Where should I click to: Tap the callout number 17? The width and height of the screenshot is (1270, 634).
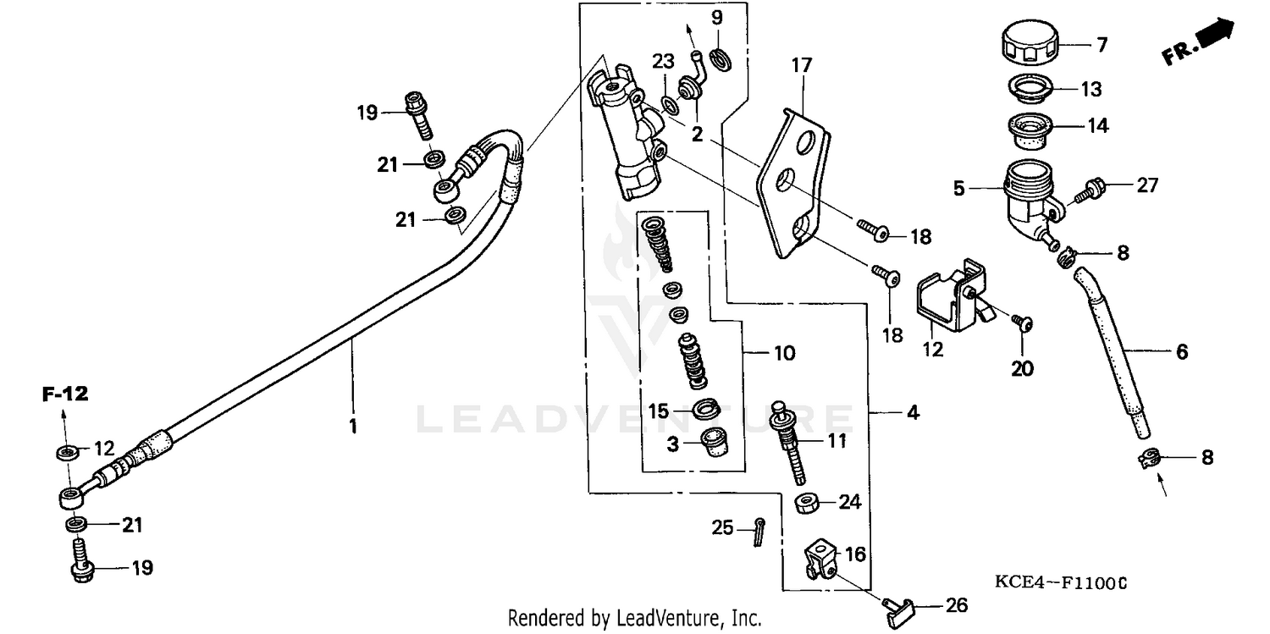[801, 65]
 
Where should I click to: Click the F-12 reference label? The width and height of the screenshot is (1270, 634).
[66, 393]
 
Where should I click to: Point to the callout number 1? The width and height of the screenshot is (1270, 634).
[352, 427]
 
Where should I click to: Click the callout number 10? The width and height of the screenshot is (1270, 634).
[784, 352]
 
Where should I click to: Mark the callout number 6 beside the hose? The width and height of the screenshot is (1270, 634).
[1181, 352]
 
